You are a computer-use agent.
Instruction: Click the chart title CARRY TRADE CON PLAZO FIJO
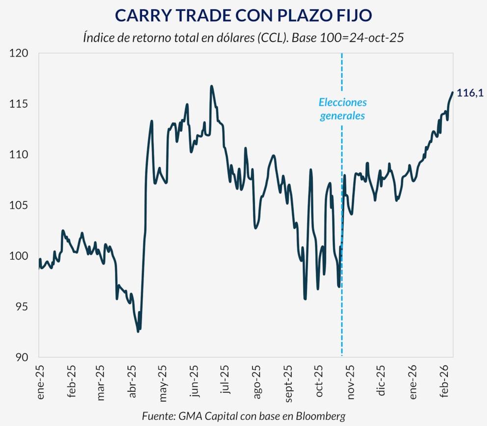243,15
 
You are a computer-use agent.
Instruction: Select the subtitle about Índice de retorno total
243,38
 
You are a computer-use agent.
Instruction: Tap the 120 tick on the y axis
20,53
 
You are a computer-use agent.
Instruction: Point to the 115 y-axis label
20,104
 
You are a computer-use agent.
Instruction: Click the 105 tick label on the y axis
20,205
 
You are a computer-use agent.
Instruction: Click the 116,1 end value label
469,93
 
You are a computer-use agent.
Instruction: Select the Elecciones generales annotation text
343,109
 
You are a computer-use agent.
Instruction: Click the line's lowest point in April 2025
138,331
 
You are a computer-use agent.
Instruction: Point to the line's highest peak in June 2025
211,86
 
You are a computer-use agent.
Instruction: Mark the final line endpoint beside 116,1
452,92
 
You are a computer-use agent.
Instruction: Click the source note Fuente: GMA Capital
243,416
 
